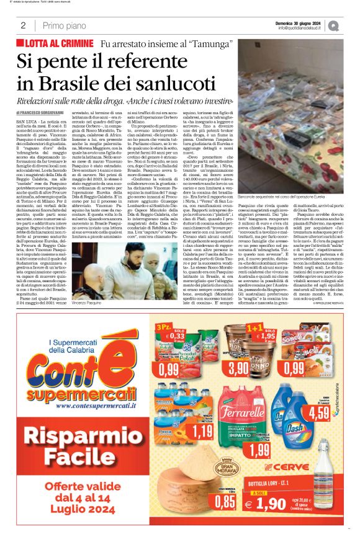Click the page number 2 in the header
click(23, 25)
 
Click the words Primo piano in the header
click(65, 25)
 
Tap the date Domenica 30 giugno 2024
click(300, 22)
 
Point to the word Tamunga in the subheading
click(208, 44)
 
